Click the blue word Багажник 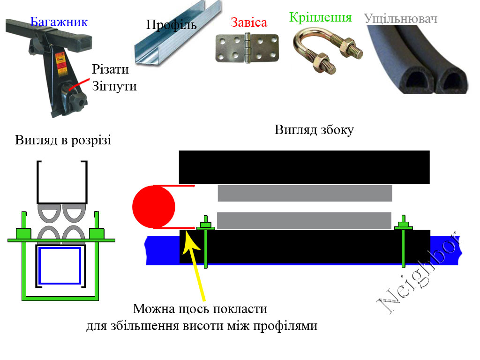(x=59, y=22)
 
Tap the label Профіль (x=171, y=25)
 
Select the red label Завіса (x=249, y=22)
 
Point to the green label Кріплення (x=321, y=18)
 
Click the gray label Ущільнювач (x=401, y=19)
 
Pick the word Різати (x=110, y=70)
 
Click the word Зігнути (x=114, y=86)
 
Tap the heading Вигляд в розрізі (x=63, y=140)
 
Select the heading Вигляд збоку (x=314, y=130)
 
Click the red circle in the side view (x=154, y=206)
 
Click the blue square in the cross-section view (x=60, y=265)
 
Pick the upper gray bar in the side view (x=305, y=193)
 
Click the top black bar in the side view (x=305, y=167)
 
